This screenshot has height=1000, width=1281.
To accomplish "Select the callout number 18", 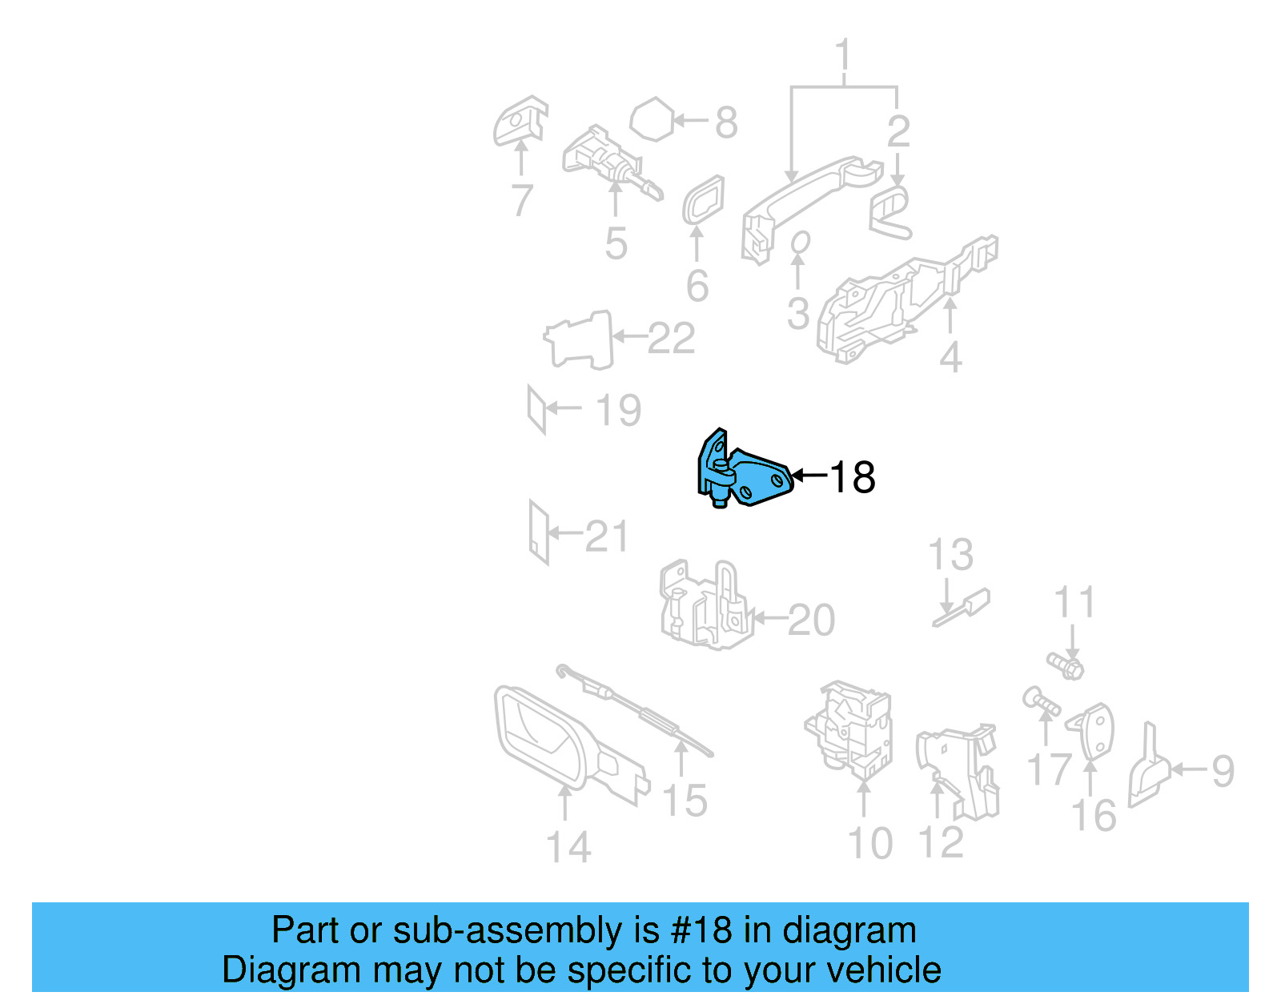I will pyautogui.click(x=853, y=478).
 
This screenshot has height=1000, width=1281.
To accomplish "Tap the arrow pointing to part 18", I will pyautogui.click(x=809, y=476).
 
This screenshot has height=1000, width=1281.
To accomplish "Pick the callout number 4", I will pyautogui.click(x=950, y=357).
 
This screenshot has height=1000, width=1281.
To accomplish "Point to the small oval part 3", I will pyautogui.click(x=799, y=242).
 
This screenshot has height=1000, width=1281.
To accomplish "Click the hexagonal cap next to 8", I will pyautogui.click(x=653, y=120).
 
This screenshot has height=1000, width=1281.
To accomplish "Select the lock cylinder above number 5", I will pyautogui.click(x=608, y=164).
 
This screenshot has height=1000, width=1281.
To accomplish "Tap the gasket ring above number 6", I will pyautogui.click(x=703, y=200).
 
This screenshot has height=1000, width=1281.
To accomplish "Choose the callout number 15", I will pyautogui.click(x=685, y=800).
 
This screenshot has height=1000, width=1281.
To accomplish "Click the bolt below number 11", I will pyautogui.click(x=1066, y=665).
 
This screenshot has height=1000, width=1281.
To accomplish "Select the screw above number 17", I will pyautogui.click(x=1041, y=703).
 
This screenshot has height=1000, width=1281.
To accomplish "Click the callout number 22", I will pyautogui.click(x=671, y=339).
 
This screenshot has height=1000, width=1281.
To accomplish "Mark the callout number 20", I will pyautogui.click(x=811, y=620).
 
